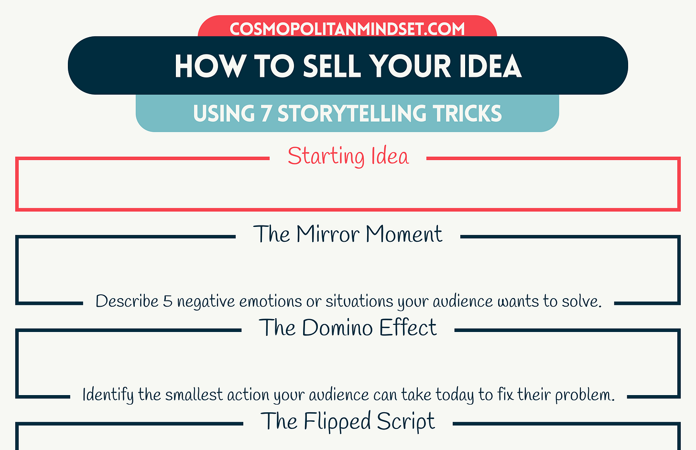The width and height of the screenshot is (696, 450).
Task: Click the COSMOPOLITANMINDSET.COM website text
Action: click(347, 29)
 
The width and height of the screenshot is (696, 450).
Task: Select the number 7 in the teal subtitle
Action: click(266, 114)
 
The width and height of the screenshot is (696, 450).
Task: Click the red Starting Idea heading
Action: click(348, 156)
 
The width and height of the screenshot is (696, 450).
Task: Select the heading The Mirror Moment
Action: click(348, 234)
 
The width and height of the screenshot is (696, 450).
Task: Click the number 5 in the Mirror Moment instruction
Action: click(167, 301)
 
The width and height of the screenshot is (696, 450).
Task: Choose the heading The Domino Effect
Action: click(348, 328)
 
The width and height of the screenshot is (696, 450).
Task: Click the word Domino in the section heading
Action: click(337, 328)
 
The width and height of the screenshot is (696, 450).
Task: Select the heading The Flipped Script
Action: click(348, 421)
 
